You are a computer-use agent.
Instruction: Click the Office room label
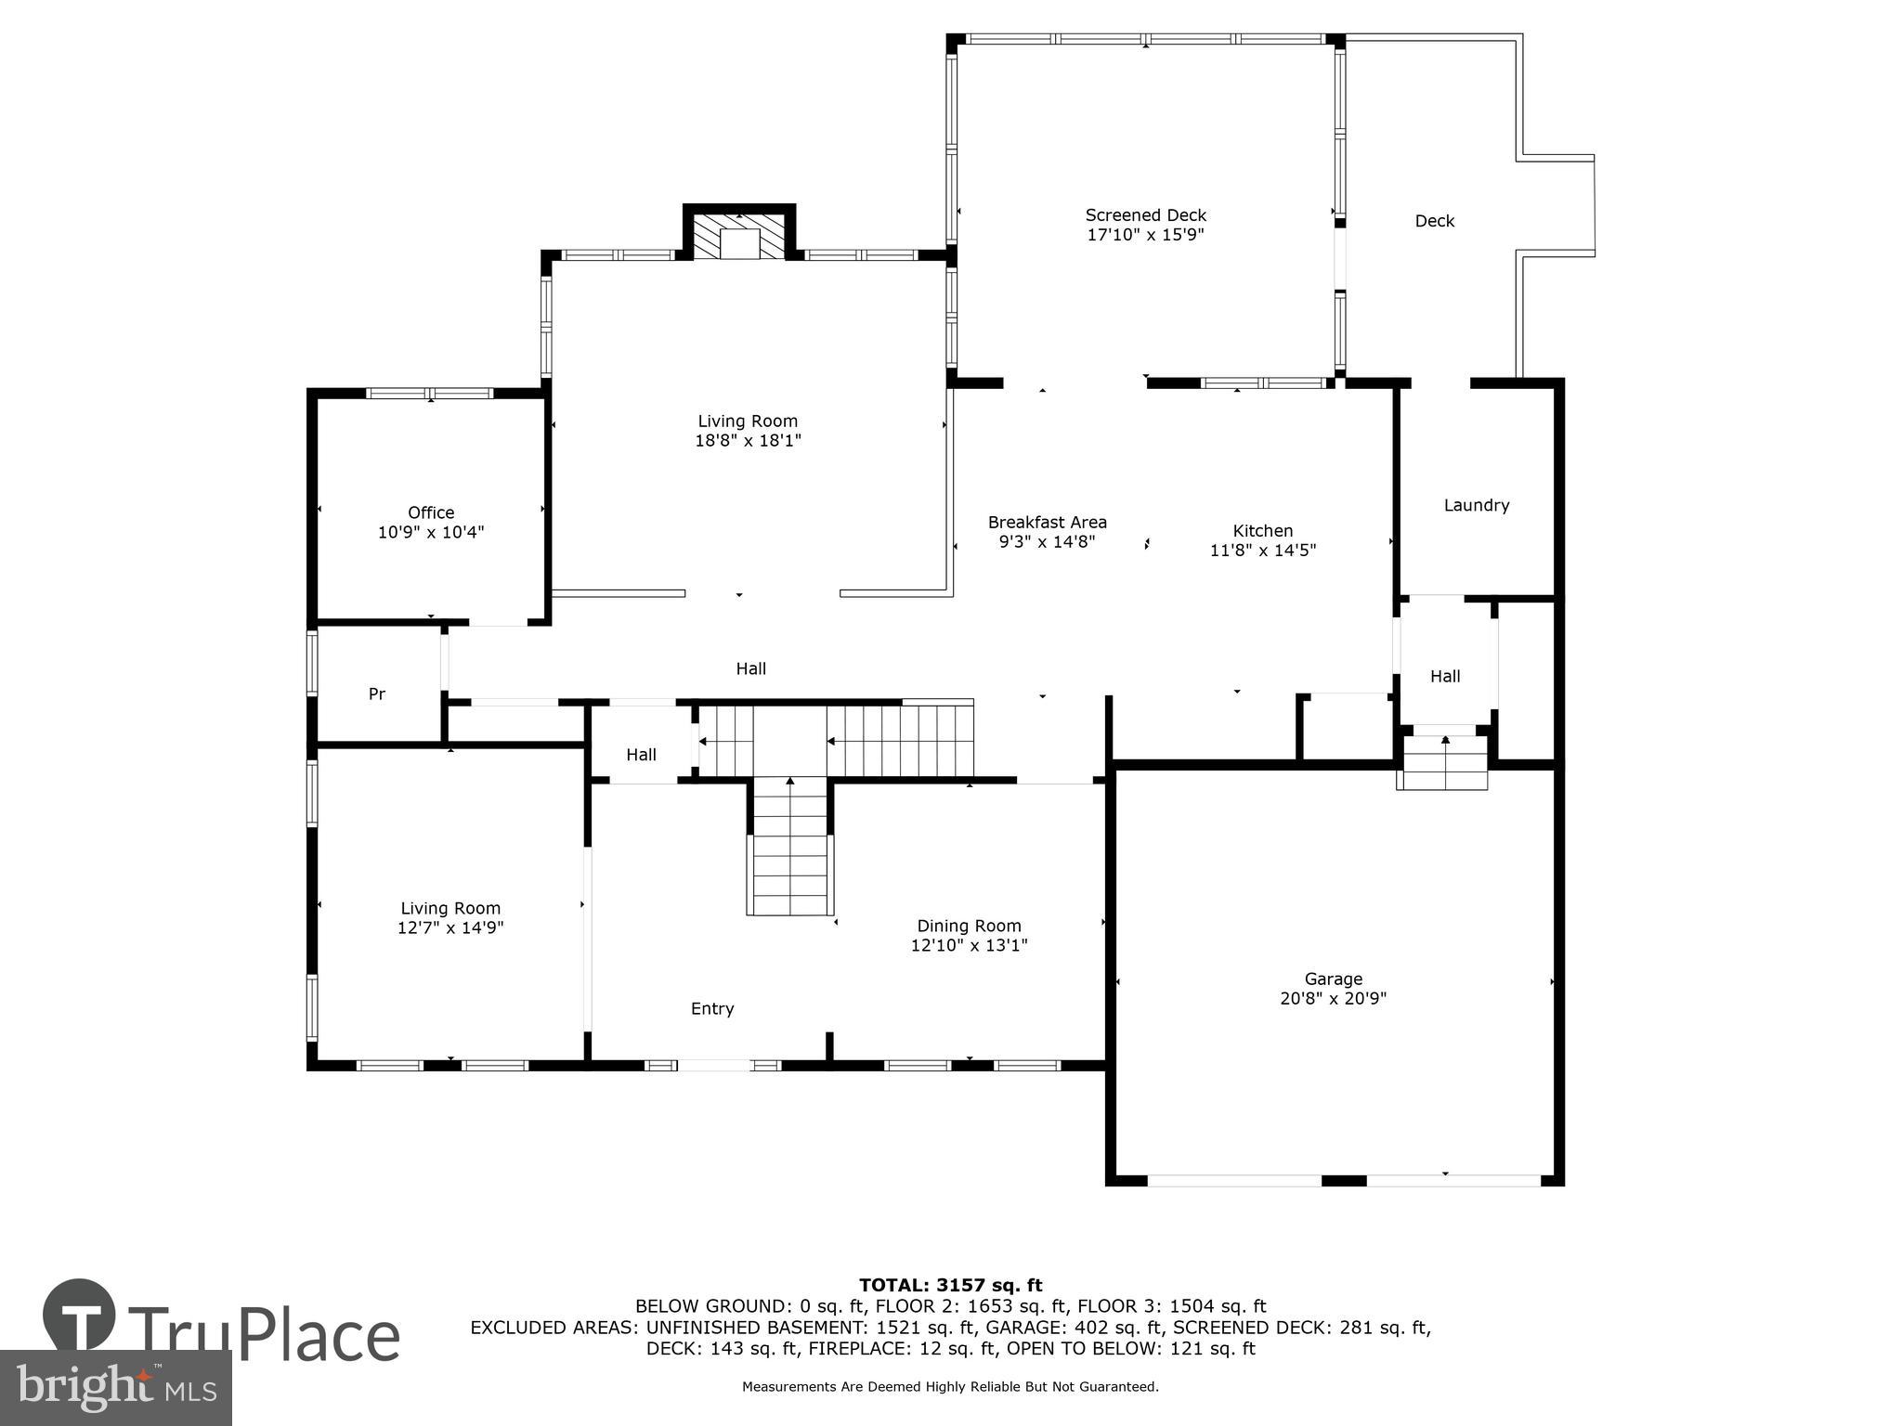click(x=431, y=512)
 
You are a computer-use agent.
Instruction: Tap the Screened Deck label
click(x=1146, y=215)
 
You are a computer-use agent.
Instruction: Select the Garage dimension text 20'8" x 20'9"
click(x=1333, y=998)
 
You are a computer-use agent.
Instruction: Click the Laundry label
click(x=1477, y=505)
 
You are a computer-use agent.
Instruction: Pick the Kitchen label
click(x=1263, y=530)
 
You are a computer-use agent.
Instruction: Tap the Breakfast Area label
click(x=1048, y=522)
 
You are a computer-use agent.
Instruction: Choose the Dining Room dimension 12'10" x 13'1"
click(x=970, y=945)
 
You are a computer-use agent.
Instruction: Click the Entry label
click(x=712, y=1008)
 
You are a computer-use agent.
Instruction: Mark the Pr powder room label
click(x=377, y=694)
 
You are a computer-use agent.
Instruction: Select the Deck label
click(x=1435, y=221)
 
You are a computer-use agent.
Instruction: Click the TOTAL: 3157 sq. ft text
click(x=951, y=1285)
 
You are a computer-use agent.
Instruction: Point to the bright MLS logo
click(x=116, y=1387)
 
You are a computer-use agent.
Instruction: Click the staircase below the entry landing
click(x=789, y=847)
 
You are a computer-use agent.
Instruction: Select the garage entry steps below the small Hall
click(x=1442, y=762)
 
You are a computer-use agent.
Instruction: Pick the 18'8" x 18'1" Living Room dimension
click(x=748, y=441)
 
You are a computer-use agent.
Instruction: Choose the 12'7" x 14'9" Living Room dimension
click(x=450, y=927)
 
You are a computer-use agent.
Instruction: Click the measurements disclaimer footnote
click(x=950, y=1387)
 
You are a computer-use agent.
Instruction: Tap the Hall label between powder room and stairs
click(x=641, y=755)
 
